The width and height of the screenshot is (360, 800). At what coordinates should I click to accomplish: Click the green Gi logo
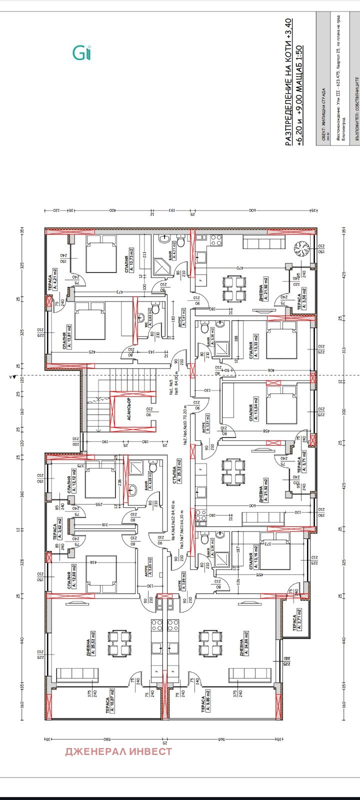(82, 52)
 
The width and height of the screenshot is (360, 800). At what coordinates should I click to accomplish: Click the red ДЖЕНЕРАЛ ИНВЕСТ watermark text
(118, 751)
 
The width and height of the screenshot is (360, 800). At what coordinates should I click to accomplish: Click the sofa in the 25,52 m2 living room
(73, 675)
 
